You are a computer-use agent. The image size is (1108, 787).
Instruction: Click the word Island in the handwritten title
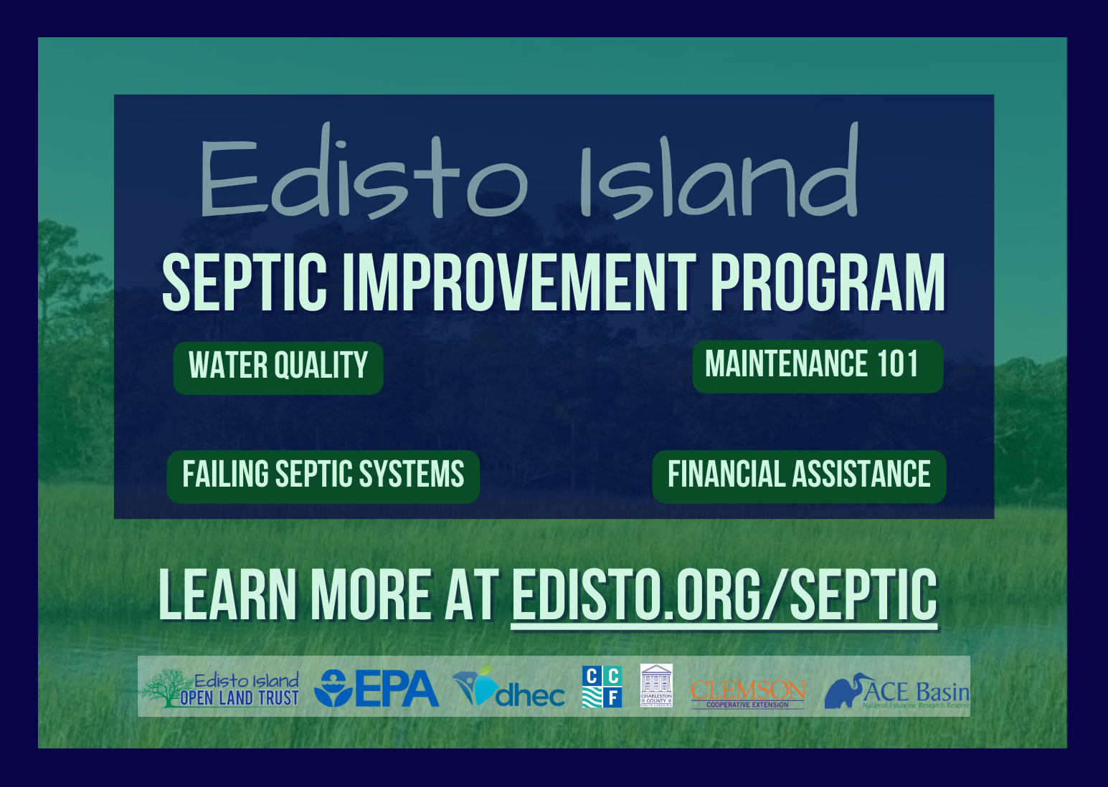717,176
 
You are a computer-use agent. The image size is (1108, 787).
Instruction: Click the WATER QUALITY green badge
278,367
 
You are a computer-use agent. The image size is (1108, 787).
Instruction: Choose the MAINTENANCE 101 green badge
818,366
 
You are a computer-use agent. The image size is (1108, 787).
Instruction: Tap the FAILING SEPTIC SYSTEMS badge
323,476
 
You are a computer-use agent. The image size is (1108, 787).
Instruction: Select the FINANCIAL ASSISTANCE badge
799,476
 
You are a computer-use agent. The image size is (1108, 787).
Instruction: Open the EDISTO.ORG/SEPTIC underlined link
724,595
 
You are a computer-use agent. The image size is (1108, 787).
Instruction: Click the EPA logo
377,688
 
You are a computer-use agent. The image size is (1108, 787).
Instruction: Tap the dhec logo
509,688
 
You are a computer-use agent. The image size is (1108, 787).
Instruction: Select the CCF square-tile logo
602,687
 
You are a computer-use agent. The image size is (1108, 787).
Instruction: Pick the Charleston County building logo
656,685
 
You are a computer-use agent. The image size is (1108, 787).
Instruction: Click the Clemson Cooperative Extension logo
747,692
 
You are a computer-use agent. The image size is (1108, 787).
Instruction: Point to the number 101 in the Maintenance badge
897,364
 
